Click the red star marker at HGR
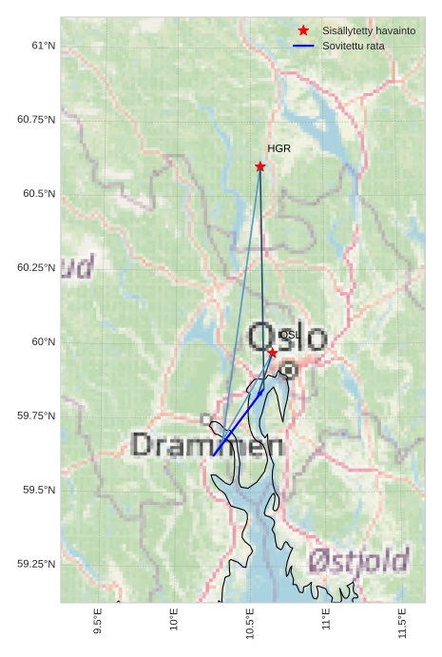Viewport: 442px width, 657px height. (260, 166)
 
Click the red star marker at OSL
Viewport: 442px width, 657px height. (272, 353)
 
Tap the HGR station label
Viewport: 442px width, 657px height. (279, 149)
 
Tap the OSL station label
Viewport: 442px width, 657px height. (290, 335)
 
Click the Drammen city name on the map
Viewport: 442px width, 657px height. (206, 445)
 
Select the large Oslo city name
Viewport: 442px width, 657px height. (287, 337)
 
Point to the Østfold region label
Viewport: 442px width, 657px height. (359, 560)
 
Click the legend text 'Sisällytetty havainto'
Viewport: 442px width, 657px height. (369, 31)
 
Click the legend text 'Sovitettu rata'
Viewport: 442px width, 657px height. (354, 46)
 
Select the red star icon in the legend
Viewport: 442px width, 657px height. (303, 31)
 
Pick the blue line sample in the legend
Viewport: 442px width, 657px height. (303, 46)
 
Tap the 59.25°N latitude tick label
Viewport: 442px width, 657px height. (36, 564)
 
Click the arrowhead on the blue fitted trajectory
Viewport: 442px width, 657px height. (261, 392)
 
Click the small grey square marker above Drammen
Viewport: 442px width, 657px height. (206, 419)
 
